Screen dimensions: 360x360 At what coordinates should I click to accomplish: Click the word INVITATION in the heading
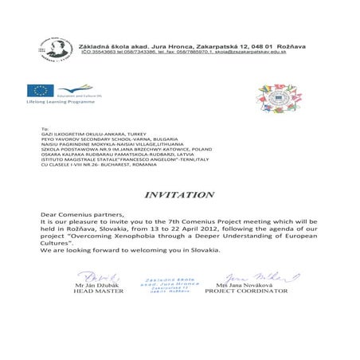pyautogui.click(x=179, y=194)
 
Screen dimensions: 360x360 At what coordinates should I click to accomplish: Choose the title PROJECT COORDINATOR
pyautogui.click(x=245, y=292)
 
